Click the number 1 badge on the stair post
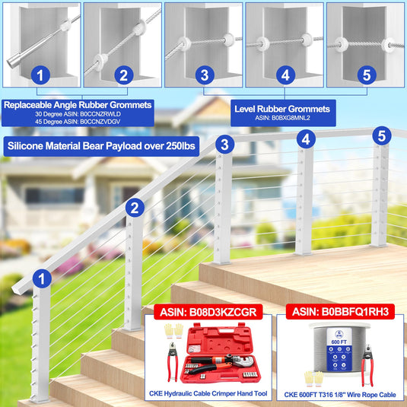point(42,278)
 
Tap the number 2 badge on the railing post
point(135,208)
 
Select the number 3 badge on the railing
point(224,145)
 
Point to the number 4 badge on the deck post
point(306,139)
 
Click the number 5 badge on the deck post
point(382,135)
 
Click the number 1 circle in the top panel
point(40,75)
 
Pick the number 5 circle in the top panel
point(367,75)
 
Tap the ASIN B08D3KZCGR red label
point(208,312)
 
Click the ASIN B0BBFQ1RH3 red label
point(340,311)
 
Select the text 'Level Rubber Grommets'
point(282,109)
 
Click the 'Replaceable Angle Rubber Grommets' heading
point(78,105)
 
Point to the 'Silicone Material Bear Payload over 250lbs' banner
point(101,146)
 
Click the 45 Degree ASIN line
point(78,122)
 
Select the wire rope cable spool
point(339,348)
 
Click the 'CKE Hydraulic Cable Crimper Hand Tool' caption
point(208,393)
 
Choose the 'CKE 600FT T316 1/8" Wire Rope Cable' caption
point(340,395)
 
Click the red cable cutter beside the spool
point(367,365)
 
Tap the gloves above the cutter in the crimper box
point(173,331)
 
